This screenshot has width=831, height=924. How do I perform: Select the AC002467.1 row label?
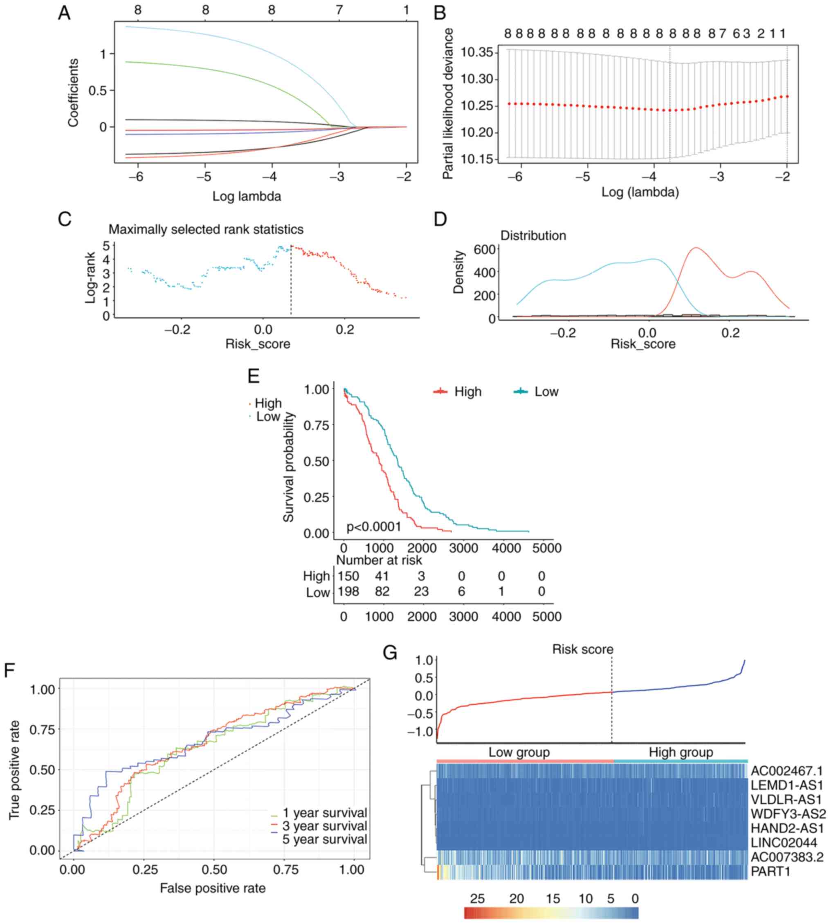(x=786, y=771)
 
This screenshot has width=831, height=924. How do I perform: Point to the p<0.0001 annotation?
(x=373, y=527)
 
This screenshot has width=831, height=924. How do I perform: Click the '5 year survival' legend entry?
(x=325, y=839)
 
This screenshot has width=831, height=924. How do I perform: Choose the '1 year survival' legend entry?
(x=325, y=813)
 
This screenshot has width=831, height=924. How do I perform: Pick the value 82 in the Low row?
(x=382, y=592)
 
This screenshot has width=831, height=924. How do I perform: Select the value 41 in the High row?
(x=382, y=576)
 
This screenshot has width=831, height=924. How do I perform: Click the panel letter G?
(x=389, y=653)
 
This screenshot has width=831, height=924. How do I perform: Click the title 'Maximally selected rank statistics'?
(x=206, y=229)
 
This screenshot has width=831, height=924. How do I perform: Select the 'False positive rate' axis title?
(x=213, y=888)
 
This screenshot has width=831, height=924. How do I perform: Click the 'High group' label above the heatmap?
(x=681, y=752)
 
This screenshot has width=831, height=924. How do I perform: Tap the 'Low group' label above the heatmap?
(x=519, y=752)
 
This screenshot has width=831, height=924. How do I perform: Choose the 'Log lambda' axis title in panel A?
(x=247, y=196)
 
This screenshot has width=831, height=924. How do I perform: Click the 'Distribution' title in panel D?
(x=533, y=235)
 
